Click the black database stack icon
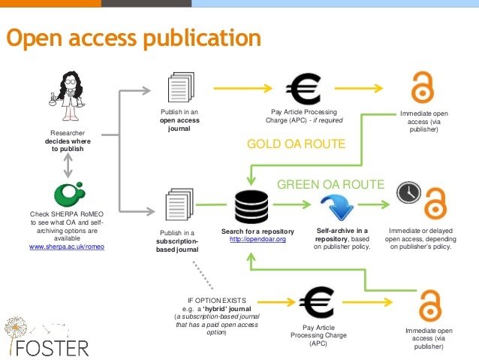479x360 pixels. [251, 205]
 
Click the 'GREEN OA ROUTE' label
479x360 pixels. [330, 184]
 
